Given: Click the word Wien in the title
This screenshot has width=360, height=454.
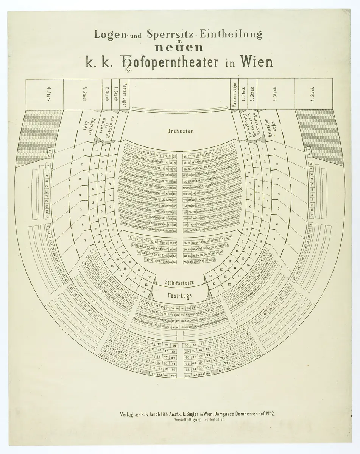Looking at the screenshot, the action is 256,62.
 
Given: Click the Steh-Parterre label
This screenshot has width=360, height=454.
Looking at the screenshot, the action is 180,283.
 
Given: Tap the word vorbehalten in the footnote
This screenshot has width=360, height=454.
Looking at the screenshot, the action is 214,420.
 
